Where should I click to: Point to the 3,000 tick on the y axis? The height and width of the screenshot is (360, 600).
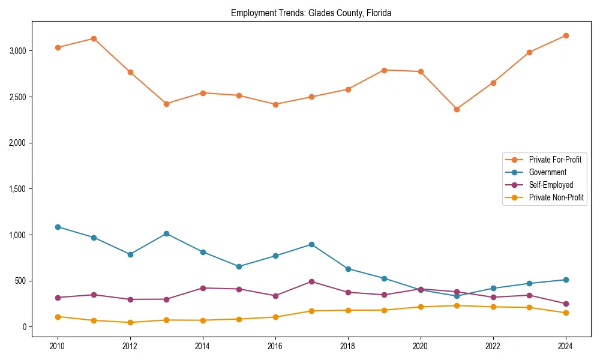(x=18, y=51)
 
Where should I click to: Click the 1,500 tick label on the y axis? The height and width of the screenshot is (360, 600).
(x=18, y=189)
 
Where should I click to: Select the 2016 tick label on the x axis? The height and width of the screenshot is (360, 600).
(x=275, y=346)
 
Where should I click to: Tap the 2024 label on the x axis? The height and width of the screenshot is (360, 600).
(x=565, y=346)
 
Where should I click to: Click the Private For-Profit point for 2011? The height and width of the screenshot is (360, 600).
(x=94, y=38)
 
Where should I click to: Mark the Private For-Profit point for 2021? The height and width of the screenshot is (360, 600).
(x=457, y=109)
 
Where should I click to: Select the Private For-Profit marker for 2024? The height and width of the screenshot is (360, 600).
(x=565, y=35)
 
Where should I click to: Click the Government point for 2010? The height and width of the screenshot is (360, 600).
(x=58, y=227)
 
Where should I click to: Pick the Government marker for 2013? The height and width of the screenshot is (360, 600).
(x=166, y=233)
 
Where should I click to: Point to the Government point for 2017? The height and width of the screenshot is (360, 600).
(x=311, y=244)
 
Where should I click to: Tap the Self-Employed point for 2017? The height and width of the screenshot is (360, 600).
(x=311, y=281)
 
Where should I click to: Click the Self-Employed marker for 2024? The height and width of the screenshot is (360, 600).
(x=565, y=304)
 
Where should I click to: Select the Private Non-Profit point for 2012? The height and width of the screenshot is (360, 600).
(x=130, y=322)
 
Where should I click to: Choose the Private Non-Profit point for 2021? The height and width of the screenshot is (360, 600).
(x=457, y=305)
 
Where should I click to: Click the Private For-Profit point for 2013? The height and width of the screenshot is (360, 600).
(x=166, y=104)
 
